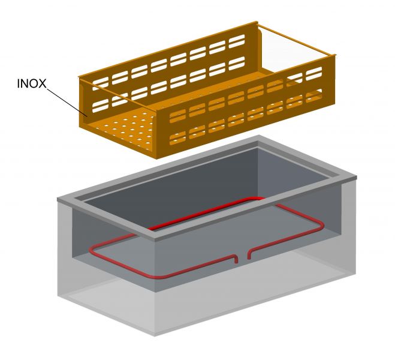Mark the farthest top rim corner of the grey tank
point(259,139)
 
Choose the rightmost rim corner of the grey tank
point(358,178)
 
